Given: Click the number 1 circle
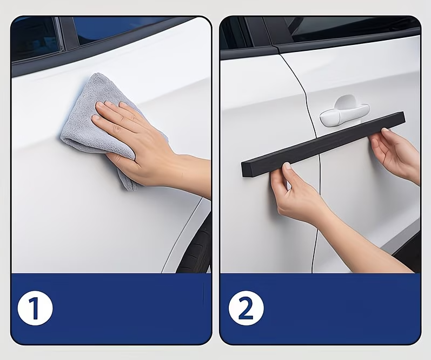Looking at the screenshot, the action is click(35, 308).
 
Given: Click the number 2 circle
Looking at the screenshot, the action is click(246, 308).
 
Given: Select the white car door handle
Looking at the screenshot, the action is click(344, 112).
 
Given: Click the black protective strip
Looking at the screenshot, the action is click(323, 144).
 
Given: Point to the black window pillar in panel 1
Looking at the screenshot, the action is click(69, 33).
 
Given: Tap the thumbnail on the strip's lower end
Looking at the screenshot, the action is click(287, 166).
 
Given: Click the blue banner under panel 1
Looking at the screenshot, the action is click(111, 309).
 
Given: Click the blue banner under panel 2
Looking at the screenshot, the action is click(320, 309).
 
